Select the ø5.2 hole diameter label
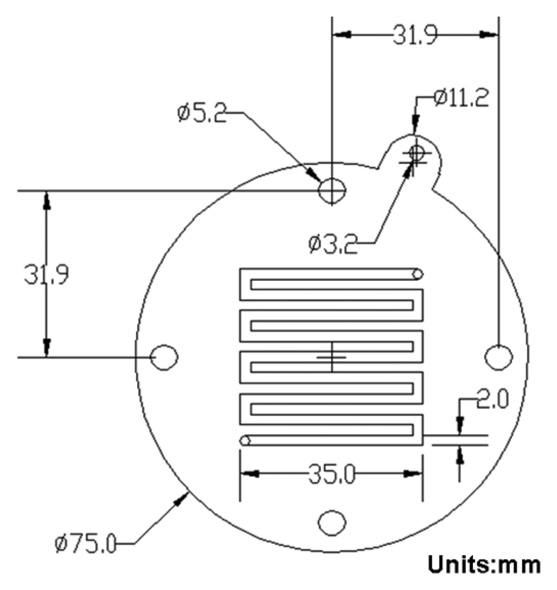click(x=201, y=114)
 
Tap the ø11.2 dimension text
click(x=460, y=98)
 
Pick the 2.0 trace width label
click(x=492, y=400)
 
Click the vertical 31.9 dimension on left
click(x=46, y=276)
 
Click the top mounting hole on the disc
click(x=332, y=191)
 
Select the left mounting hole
click(x=165, y=357)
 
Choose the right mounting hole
click(x=498, y=357)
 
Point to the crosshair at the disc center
click(x=332, y=357)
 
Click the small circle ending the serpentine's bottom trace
click(x=245, y=440)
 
